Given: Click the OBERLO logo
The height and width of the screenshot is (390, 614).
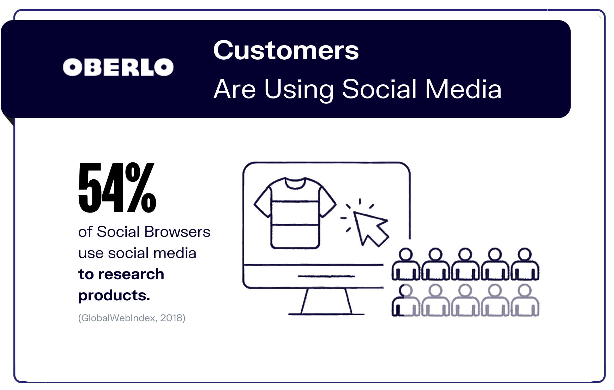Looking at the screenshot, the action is (x=118, y=67).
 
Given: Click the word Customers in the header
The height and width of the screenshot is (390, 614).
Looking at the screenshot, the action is (x=286, y=50).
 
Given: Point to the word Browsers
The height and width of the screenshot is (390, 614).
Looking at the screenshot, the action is (x=177, y=232).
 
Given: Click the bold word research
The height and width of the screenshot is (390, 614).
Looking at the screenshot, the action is (x=131, y=274).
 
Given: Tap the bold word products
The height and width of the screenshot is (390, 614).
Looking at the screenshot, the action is (x=114, y=295).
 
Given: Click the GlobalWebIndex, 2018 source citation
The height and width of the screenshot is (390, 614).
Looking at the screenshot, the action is (x=132, y=318).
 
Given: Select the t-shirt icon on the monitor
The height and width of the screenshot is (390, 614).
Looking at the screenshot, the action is (x=295, y=213).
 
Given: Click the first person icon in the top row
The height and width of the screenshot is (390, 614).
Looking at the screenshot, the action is (x=406, y=264).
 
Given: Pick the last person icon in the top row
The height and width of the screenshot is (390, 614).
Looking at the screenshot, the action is (x=525, y=264).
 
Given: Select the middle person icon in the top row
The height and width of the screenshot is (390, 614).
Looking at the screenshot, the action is (x=465, y=264).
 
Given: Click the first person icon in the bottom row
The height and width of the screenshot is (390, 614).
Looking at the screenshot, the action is (x=406, y=300).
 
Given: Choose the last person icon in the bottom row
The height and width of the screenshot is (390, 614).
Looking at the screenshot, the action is (x=525, y=300).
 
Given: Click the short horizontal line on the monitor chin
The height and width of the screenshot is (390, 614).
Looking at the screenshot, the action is (x=326, y=276).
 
